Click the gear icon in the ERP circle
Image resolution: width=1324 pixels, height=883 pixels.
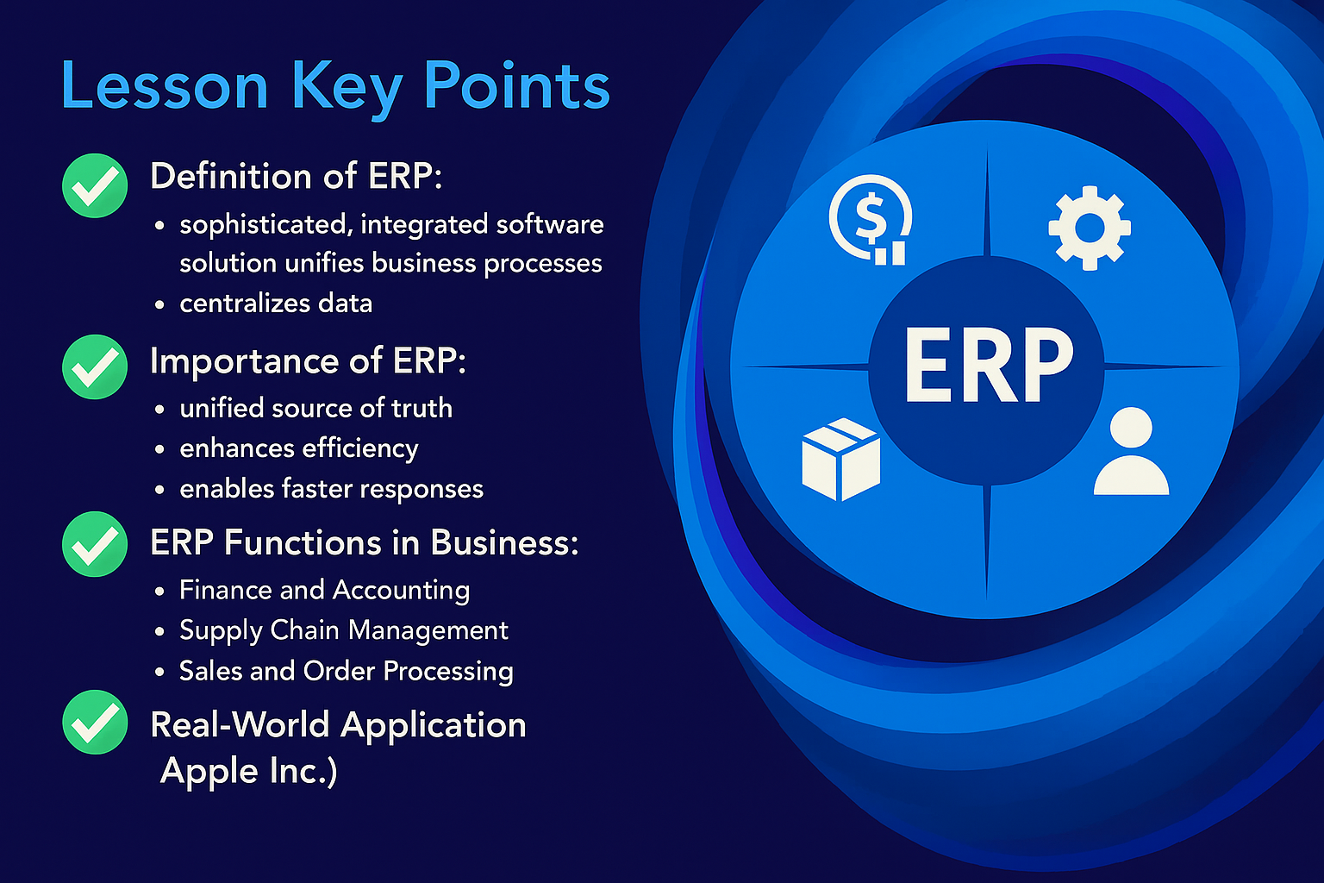[x=1090, y=229]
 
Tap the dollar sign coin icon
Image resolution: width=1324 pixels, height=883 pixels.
[x=870, y=219]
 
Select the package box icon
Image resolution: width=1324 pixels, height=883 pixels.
[x=841, y=459]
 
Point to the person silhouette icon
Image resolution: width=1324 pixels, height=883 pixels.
[x=1131, y=451]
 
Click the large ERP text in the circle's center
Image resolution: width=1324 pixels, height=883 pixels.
[x=989, y=366]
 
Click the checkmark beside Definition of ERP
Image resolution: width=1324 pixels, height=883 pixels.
[x=95, y=185]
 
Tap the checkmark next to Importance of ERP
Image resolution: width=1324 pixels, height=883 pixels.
[x=95, y=366]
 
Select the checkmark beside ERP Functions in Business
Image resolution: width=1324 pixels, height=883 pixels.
[x=95, y=544]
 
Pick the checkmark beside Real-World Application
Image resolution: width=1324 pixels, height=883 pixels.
[x=95, y=722]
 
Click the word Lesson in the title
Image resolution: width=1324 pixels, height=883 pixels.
[x=165, y=85]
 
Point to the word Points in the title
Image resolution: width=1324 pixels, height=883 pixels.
[x=517, y=85]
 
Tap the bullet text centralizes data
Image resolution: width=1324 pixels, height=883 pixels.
[x=276, y=304]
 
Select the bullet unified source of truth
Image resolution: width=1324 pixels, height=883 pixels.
[x=316, y=408]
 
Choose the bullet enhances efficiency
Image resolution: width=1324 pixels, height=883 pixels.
[x=299, y=448]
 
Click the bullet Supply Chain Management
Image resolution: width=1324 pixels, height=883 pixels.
[x=344, y=630]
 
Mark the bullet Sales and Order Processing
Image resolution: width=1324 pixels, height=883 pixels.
[x=347, y=671]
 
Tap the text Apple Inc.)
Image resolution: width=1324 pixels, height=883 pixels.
[x=249, y=771]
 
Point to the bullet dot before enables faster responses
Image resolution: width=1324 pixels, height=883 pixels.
[x=159, y=490]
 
